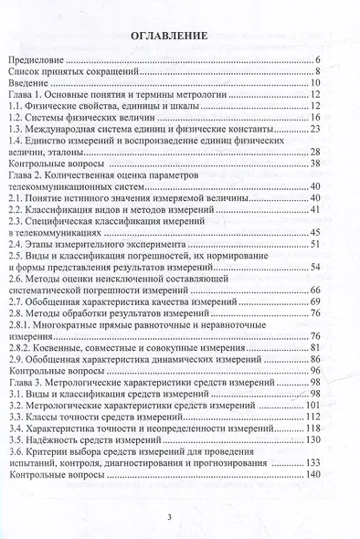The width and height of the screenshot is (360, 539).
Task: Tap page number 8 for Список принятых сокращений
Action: (x=317, y=70)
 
